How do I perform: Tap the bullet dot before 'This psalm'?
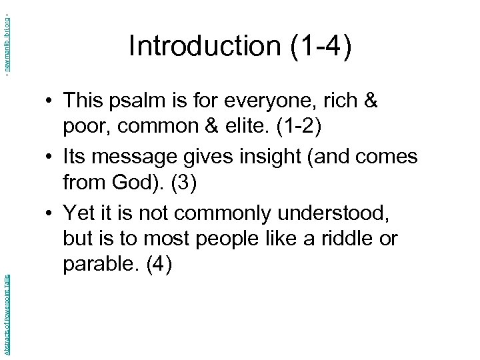pos(50,102)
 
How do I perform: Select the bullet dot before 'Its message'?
pos(50,158)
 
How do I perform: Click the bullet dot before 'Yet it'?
pos(50,214)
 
